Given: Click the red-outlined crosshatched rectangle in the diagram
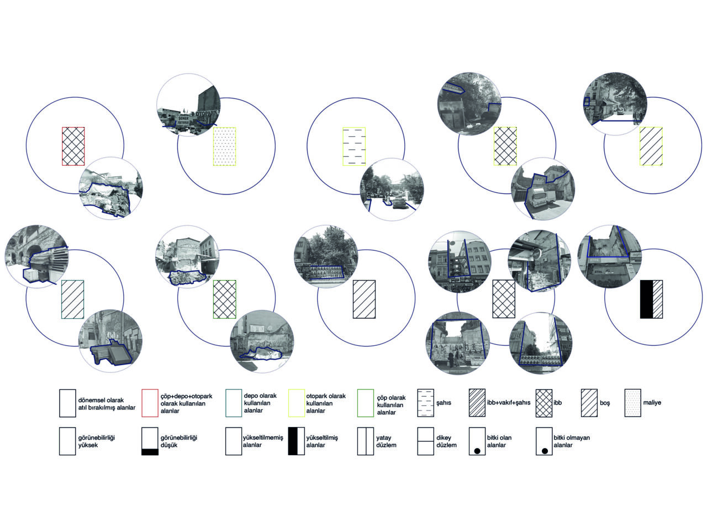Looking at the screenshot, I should pyautogui.click(x=73, y=146).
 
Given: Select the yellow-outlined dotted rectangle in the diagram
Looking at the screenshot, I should pyautogui.click(x=225, y=146).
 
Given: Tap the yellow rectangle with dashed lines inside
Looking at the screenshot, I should pyautogui.click(x=354, y=146).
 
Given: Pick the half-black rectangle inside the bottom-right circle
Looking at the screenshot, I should pyautogui.click(x=652, y=299).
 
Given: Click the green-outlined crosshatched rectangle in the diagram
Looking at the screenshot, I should pyautogui.click(x=225, y=299).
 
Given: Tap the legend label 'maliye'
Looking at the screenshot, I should pyautogui.click(x=652, y=403).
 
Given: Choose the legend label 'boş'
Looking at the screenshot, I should pyautogui.click(x=605, y=403).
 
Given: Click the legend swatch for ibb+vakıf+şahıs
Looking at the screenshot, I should pyautogui.click(x=477, y=403).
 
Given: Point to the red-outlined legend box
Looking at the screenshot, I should pyautogui.click(x=150, y=403).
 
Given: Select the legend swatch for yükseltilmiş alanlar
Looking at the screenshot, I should pyautogui.click(x=296, y=441).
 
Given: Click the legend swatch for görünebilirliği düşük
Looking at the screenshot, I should pyautogui.click(x=150, y=441).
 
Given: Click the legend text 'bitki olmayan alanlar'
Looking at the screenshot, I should pyautogui.click(x=571, y=441).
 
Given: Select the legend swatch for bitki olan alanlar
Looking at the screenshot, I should pyautogui.click(x=477, y=441).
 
